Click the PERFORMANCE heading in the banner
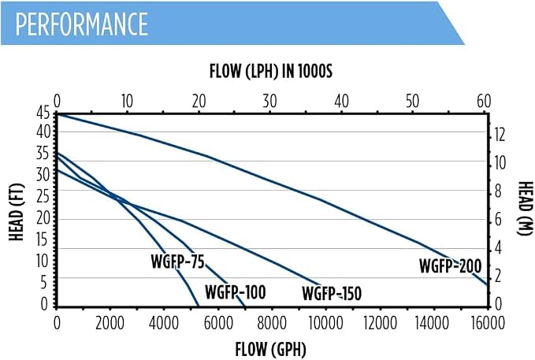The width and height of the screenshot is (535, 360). (x=81, y=24)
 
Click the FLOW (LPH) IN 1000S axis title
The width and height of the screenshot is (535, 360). (x=270, y=72)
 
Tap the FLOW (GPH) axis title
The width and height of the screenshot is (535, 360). (x=270, y=350)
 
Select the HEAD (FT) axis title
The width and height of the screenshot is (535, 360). (x=17, y=212)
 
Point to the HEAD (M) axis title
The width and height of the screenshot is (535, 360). (x=525, y=208)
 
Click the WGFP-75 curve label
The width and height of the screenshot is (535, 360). (x=177, y=262)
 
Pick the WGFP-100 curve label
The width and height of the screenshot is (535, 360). (x=235, y=292)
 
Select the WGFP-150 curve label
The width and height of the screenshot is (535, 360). (x=332, y=294)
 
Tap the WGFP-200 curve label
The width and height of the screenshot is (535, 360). (x=451, y=266)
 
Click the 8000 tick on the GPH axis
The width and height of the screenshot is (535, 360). (x=272, y=323)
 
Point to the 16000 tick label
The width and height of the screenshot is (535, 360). (x=488, y=323)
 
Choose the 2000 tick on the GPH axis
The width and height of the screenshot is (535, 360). (x=110, y=323)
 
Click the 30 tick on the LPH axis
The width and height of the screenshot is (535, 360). (x=269, y=102)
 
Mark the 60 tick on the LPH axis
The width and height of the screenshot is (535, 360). (x=484, y=102)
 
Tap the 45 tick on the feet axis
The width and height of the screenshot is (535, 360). (x=43, y=113)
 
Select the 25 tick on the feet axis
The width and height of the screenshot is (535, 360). (x=43, y=197)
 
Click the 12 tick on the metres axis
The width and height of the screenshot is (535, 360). (x=499, y=135)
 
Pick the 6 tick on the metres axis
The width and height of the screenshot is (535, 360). (x=498, y=220)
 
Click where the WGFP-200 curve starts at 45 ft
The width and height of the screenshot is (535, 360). (x=57, y=115)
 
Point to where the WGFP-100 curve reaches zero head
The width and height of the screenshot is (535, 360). (x=244, y=306)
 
